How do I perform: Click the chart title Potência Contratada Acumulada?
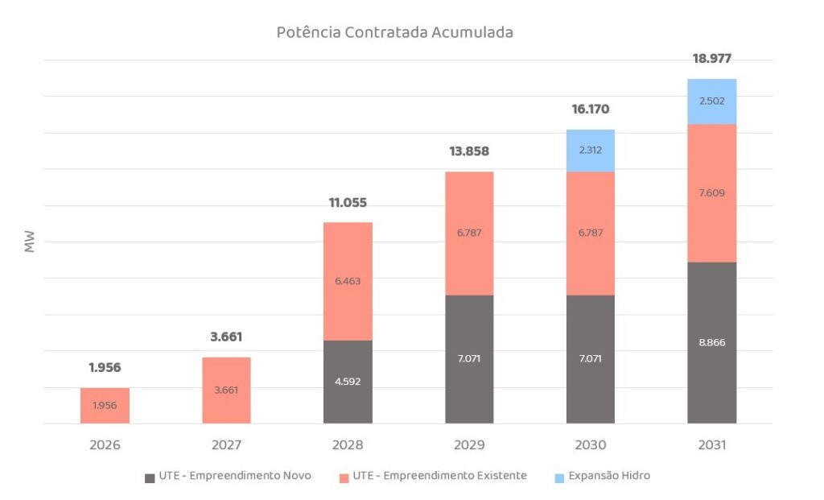pyautogui.click(x=394, y=33)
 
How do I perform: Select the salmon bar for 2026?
pyautogui.click(x=105, y=406)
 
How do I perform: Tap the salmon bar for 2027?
pyautogui.click(x=226, y=390)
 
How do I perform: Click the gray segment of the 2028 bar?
pyautogui.click(x=348, y=382)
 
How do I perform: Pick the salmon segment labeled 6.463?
pyautogui.click(x=348, y=281)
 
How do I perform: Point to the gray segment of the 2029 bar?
pyautogui.click(x=469, y=359)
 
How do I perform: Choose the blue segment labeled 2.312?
pyautogui.click(x=591, y=151)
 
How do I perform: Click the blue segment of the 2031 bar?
pyautogui.click(x=712, y=101)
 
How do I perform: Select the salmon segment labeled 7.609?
pyautogui.click(x=712, y=193)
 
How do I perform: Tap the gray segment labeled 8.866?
pyautogui.click(x=712, y=342)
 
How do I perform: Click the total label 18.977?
pyautogui.click(x=712, y=59)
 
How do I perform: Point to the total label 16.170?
pyautogui.click(x=591, y=110)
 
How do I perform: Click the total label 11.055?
pyautogui.click(x=348, y=203)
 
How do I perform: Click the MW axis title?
pyautogui.click(x=30, y=242)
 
